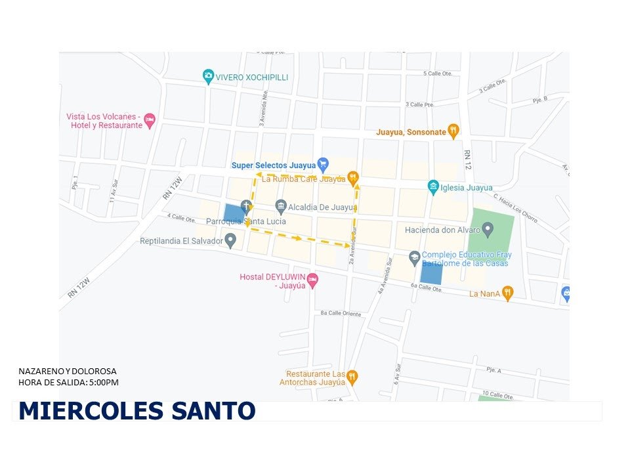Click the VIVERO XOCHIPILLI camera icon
pyautogui.click(x=208, y=77)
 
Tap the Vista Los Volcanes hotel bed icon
pyautogui.click(x=150, y=120)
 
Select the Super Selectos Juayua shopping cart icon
pyautogui.click(x=322, y=164)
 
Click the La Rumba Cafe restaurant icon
pyautogui.click(x=353, y=177)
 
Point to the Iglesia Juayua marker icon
pyautogui.click(x=433, y=187)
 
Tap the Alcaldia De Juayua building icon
pyautogui.click(x=281, y=207)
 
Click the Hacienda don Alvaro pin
pyautogui.click(x=487, y=229)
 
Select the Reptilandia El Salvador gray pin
pyautogui.click(x=230, y=241)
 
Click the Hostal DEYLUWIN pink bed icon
pyautogui.click(x=313, y=280)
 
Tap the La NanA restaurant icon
pyautogui.click(x=507, y=293)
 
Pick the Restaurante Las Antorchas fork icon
pyautogui.click(x=352, y=376)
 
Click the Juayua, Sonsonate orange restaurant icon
pyautogui.click(x=453, y=131)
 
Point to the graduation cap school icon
pyautogui.click(x=414, y=258)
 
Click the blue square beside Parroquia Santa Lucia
pyautogui.click(x=233, y=213)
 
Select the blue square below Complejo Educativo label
pyautogui.click(x=431, y=272)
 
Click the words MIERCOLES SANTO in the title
pyautogui.click(x=136, y=411)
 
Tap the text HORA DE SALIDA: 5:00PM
pyautogui.click(x=69, y=382)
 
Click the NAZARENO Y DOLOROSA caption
pyautogui.click(x=68, y=372)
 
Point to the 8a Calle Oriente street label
pyautogui.click(x=341, y=314)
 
